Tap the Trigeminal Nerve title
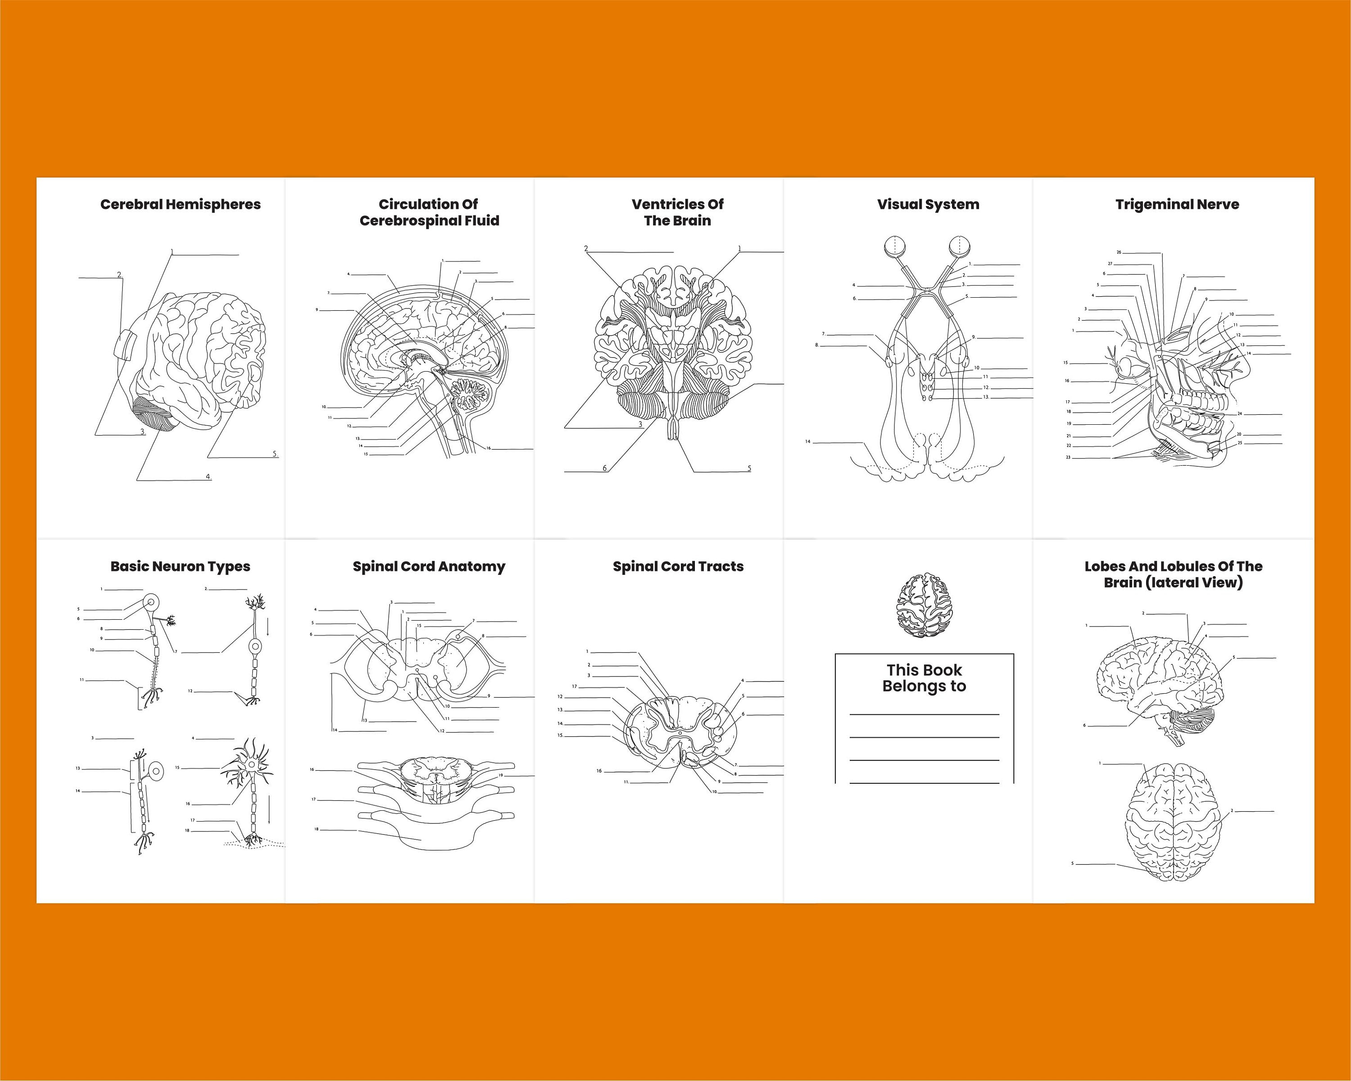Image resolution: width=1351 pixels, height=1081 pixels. coord(1177,204)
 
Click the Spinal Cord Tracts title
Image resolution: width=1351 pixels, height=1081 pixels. coord(678,567)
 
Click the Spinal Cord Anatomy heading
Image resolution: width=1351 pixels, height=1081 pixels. coord(429,567)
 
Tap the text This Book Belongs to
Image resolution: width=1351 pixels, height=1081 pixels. coord(924,678)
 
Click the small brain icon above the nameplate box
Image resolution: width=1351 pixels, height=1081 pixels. coord(924,605)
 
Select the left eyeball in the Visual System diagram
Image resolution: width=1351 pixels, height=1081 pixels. coord(894,246)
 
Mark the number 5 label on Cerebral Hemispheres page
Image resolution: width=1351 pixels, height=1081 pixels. coord(274,454)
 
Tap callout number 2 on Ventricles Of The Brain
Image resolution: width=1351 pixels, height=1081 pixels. coord(586,249)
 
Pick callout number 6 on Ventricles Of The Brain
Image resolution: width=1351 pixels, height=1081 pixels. coord(605,468)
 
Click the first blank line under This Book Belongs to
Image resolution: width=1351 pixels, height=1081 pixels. coord(924,714)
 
